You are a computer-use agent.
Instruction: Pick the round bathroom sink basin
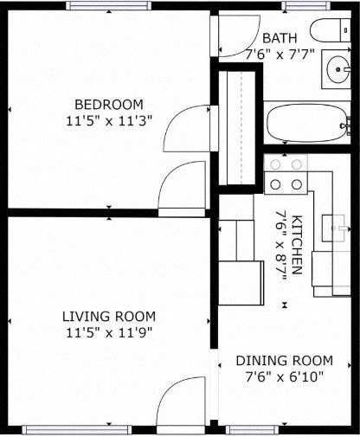(x=336, y=68)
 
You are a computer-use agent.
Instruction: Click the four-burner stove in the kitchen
(x=286, y=173)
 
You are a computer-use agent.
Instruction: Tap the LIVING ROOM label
(x=108, y=316)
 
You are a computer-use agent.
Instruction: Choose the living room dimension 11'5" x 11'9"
(x=108, y=331)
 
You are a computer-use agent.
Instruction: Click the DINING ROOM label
(x=284, y=360)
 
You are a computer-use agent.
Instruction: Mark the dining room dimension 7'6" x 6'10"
(x=284, y=376)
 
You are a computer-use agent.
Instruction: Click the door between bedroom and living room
(x=183, y=187)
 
